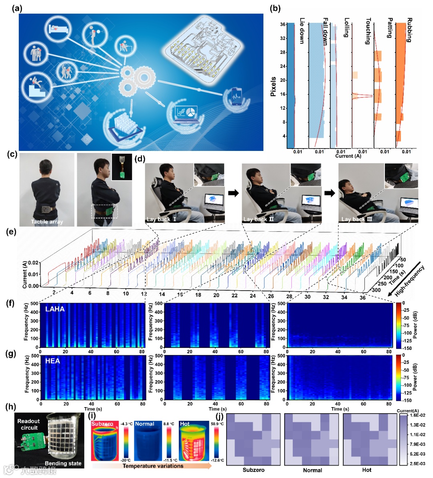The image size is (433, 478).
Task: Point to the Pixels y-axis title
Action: click(273, 86)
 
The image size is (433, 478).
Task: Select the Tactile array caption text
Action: click(47, 221)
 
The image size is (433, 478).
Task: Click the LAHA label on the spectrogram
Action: click(55, 309)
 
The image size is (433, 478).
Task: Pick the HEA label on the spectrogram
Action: click(53, 361)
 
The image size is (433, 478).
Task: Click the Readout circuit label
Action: click(28, 424)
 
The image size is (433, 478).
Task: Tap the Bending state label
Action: click(63, 463)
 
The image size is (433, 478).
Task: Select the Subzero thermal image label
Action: click(102, 424)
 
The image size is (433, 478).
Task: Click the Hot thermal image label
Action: click(185, 424)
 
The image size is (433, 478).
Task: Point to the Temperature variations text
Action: click(153, 466)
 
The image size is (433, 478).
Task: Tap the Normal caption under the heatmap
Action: click(312, 470)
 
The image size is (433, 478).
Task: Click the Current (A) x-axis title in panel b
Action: click(348, 156)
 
